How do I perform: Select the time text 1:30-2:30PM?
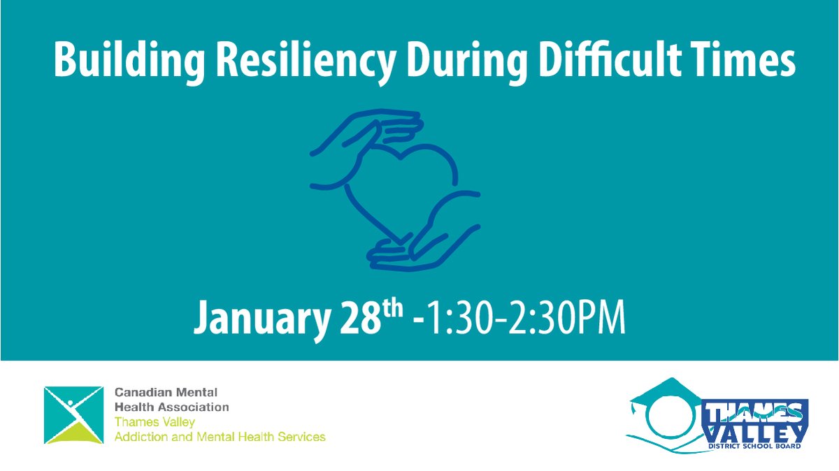pos(529,319)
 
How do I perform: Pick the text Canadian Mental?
pos(167,393)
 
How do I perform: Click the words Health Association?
pos(172,407)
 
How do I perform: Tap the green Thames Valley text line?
pos(155,422)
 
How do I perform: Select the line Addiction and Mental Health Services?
pos(220,437)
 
